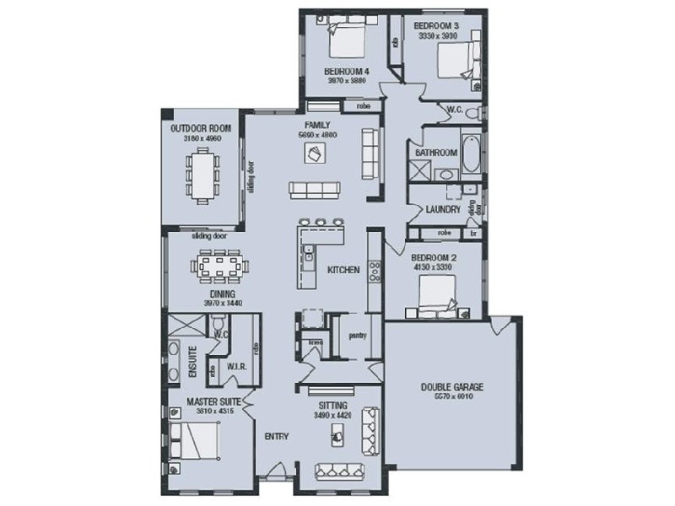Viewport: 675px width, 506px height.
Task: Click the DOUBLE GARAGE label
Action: click(452, 387)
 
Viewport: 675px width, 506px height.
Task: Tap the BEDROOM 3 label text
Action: click(436, 27)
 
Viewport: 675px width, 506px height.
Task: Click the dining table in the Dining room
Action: click(220, 267)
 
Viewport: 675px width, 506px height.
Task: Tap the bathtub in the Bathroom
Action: click(471, 152)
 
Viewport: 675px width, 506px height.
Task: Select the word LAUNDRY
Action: click(442, 209)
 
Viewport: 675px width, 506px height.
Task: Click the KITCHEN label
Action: click(344, 270)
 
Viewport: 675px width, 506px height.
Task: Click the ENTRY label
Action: click(276, 436)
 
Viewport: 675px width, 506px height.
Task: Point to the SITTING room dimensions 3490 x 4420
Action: click(331, 416)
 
